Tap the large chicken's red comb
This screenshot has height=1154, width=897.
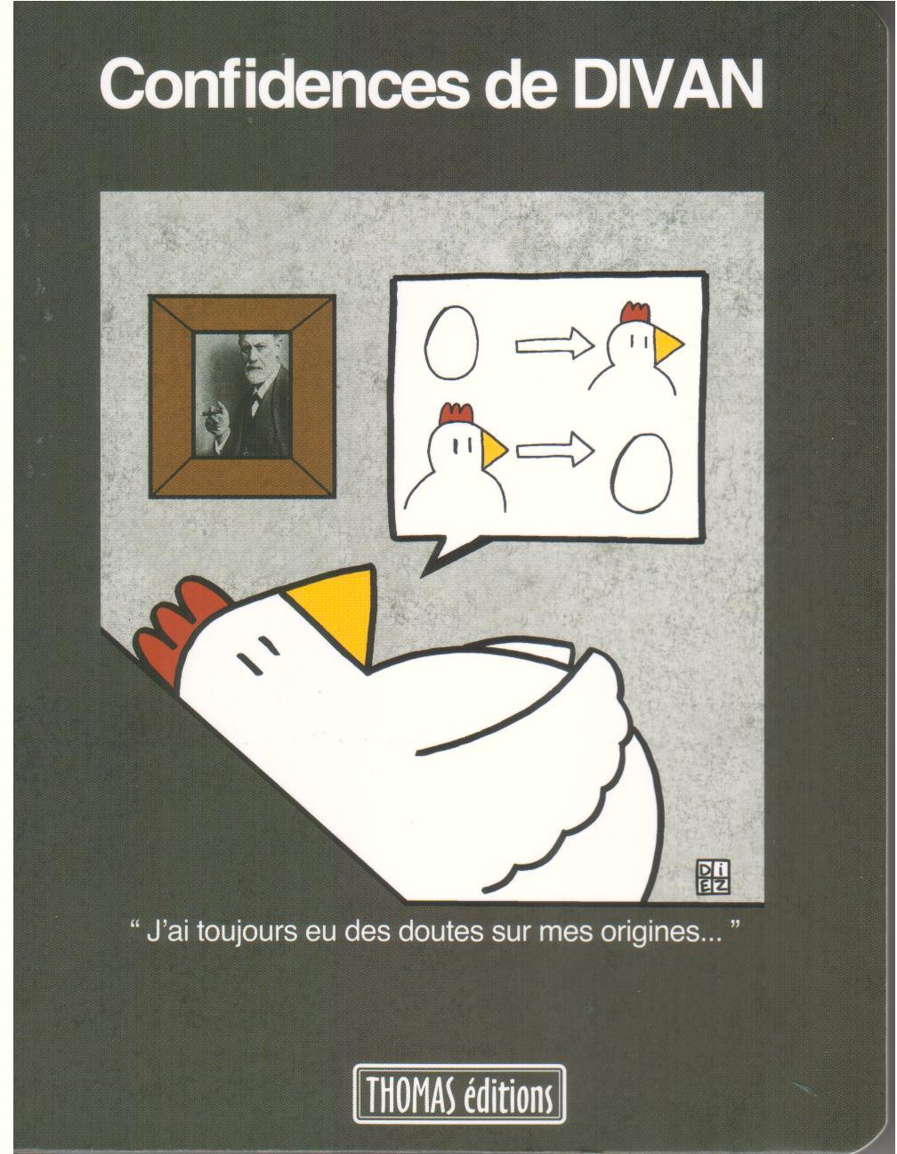(x=177, y=631)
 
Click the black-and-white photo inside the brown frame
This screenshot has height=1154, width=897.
(x=242, y=395)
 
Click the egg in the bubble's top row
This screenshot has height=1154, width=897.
(x=451, y=344)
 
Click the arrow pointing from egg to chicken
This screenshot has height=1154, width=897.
(x=555, y=344)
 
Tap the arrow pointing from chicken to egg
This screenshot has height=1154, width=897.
(x=555, y=451)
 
